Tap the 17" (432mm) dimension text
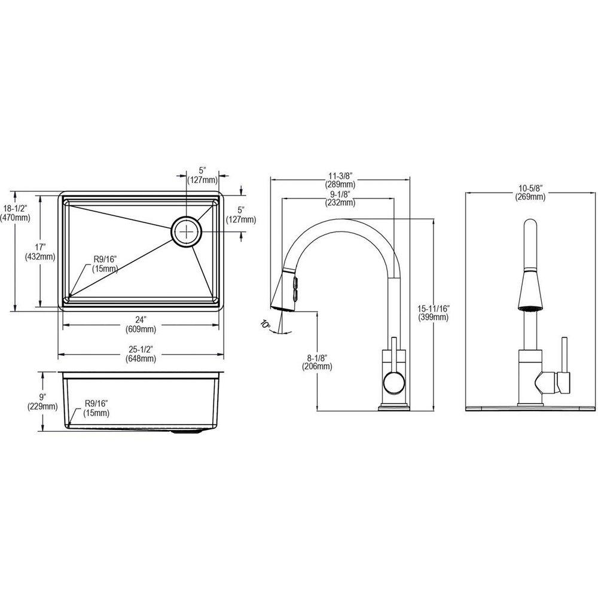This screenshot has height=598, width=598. point(40,251)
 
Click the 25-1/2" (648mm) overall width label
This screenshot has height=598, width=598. point(141,354)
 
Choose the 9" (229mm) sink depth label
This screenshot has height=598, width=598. point(42,402)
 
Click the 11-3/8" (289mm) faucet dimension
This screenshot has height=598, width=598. point(339,181)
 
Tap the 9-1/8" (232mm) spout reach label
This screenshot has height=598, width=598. point(339,199)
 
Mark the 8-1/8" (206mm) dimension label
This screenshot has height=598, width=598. point(316,362)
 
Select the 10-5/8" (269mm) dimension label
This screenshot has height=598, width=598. point(530,193)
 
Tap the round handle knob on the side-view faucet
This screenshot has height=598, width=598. point(394,382)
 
